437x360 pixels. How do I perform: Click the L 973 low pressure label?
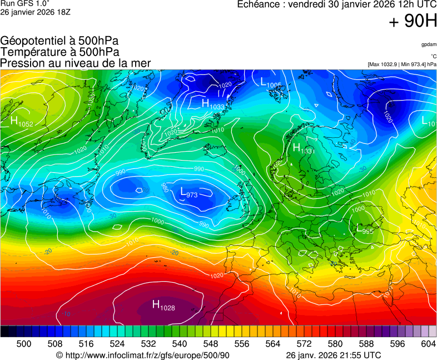[x=189, y=192]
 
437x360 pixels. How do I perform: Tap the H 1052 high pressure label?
[x=21, y=122]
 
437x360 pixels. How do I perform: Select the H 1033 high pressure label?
[x=213, y=104]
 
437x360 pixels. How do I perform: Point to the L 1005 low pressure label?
[x=271, y=82]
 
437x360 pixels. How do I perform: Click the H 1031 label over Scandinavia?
[x=304, y=148]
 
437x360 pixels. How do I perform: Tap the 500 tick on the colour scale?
[x=23, y=344]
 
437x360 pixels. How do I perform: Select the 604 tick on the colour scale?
[x=428, y=344]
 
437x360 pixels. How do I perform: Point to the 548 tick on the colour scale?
[x=210, y=344]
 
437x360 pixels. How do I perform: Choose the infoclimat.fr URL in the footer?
[x=143, y=355]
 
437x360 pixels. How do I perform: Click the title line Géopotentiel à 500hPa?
[x=59, y=41]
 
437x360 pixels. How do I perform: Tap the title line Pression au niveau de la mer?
[x=76, y=63]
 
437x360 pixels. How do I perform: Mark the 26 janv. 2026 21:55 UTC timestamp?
[x=333, y=355]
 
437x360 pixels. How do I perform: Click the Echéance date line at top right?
[x=337, y=4]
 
